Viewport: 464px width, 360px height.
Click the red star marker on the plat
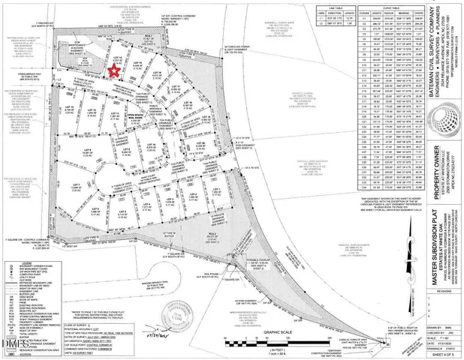pyautogui.click(x=114, y=70)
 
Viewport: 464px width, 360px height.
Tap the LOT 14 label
pyautogui.click(x=116, y=56)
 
